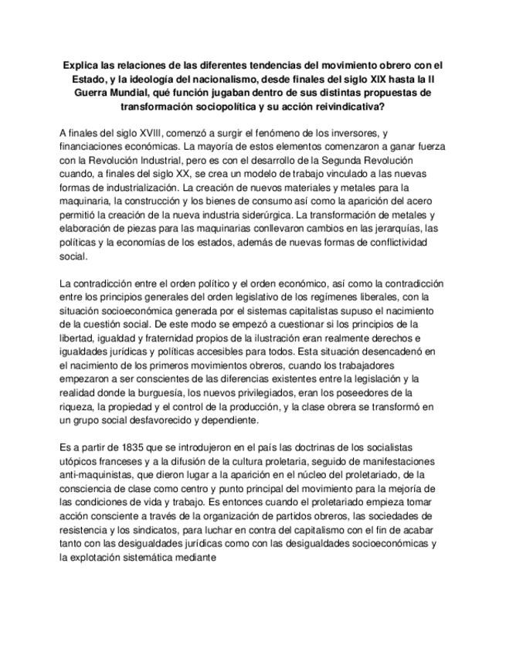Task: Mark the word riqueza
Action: coord(78,406)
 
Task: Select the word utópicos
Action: coord(80,461)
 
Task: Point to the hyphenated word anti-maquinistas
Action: coord(100,474)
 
